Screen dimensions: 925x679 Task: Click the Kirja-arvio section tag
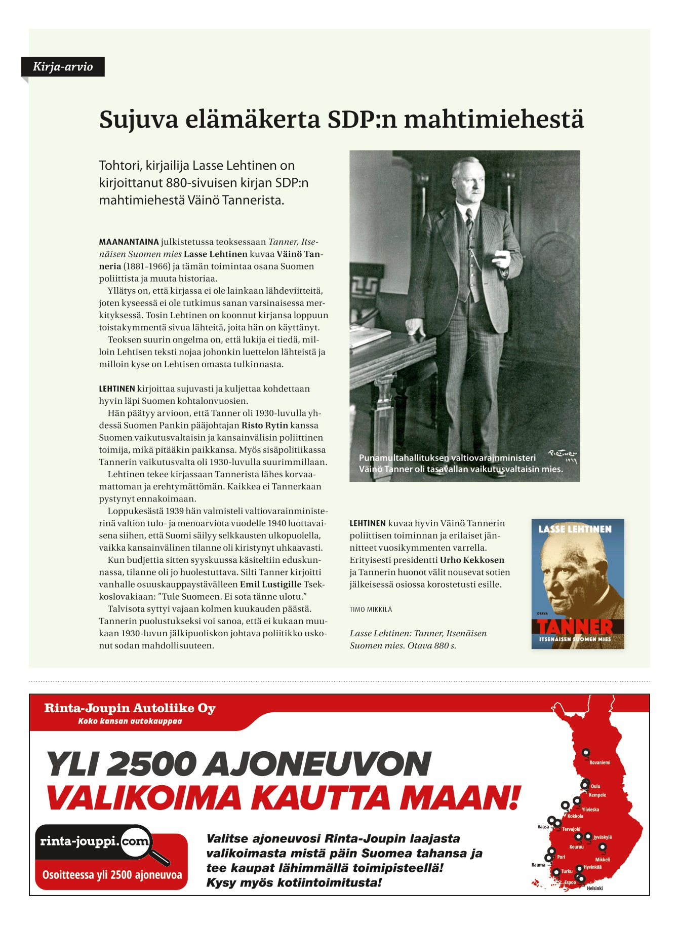(63, 67)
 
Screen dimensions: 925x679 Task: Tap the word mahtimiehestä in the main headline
(494, 120)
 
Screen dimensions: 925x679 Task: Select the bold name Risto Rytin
(265, 426)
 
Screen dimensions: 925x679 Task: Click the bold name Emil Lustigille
(270, 585)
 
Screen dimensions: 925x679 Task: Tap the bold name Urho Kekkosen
(472, 560)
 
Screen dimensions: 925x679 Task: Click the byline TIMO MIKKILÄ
(371, 609)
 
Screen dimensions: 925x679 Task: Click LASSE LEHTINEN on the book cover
(575, 529)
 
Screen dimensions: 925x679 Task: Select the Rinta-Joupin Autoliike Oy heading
(130, 708)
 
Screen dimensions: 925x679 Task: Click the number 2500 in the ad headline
(151, 763)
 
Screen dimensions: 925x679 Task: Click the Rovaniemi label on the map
(600, 762)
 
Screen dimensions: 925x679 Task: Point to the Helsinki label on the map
(594, 888)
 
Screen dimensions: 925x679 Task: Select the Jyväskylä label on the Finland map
(603, 837)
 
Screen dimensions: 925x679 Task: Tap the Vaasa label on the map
(543, 827)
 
